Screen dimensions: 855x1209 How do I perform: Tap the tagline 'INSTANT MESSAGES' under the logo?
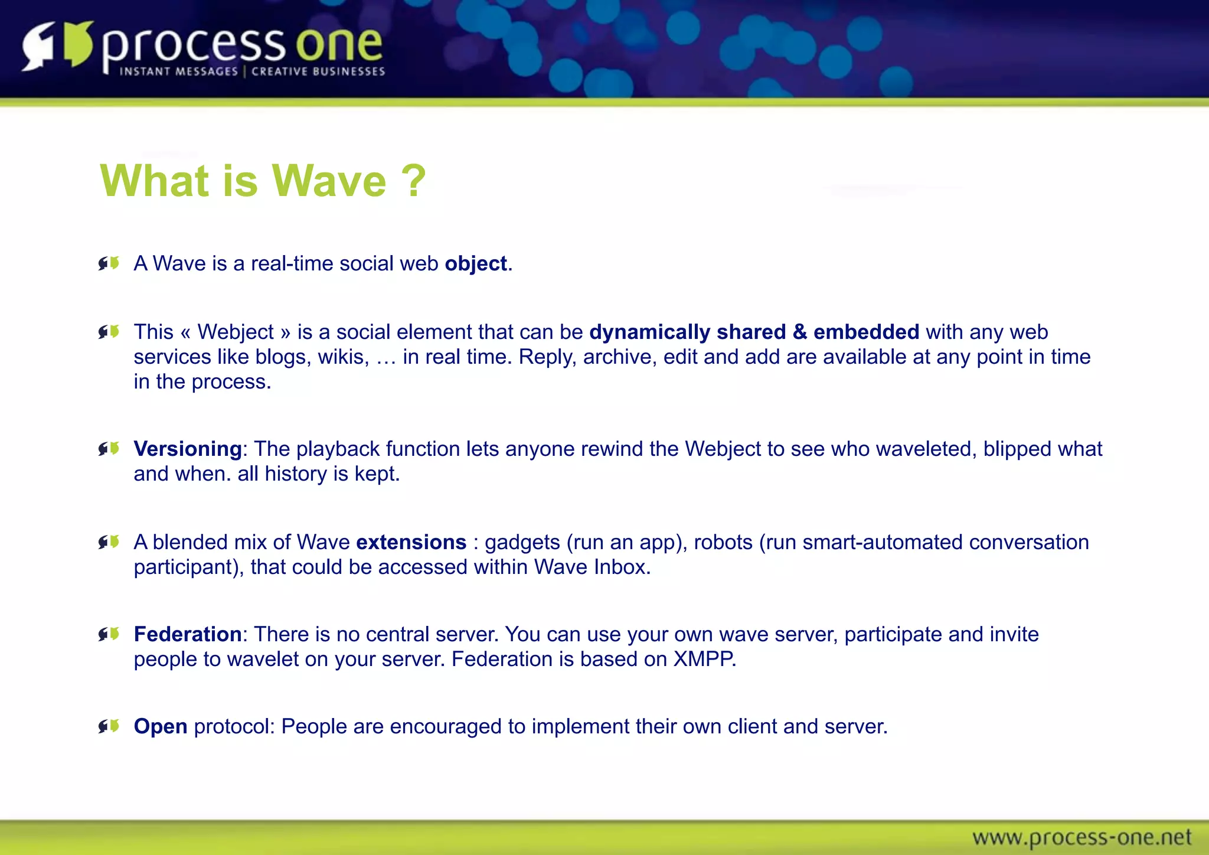click(x=178, y=71)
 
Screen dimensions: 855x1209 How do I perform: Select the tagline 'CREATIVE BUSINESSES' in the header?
click(x=318, y=71)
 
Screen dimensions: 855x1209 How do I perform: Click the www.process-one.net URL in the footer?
click(x=1081, y=837)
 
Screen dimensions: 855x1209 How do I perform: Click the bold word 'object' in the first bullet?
click(x=476, y=263)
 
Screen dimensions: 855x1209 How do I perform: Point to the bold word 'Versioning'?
click(x=188, y=449)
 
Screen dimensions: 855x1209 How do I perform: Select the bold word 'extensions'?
click(x=411, y=542)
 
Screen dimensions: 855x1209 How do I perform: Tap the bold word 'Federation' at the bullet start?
click(x=188, y=634)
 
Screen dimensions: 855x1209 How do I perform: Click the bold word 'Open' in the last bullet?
click(x=161, y=726)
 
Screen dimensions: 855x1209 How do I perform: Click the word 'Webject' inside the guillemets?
click(x=236, y=332)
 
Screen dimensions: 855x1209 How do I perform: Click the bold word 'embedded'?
click(x=866, y=332)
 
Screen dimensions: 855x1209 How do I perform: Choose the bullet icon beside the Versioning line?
click(x=109, y=449)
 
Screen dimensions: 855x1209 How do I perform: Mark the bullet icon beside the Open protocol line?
click(x=109, y=726)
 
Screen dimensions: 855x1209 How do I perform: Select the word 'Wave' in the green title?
click(x=328, y=181)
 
